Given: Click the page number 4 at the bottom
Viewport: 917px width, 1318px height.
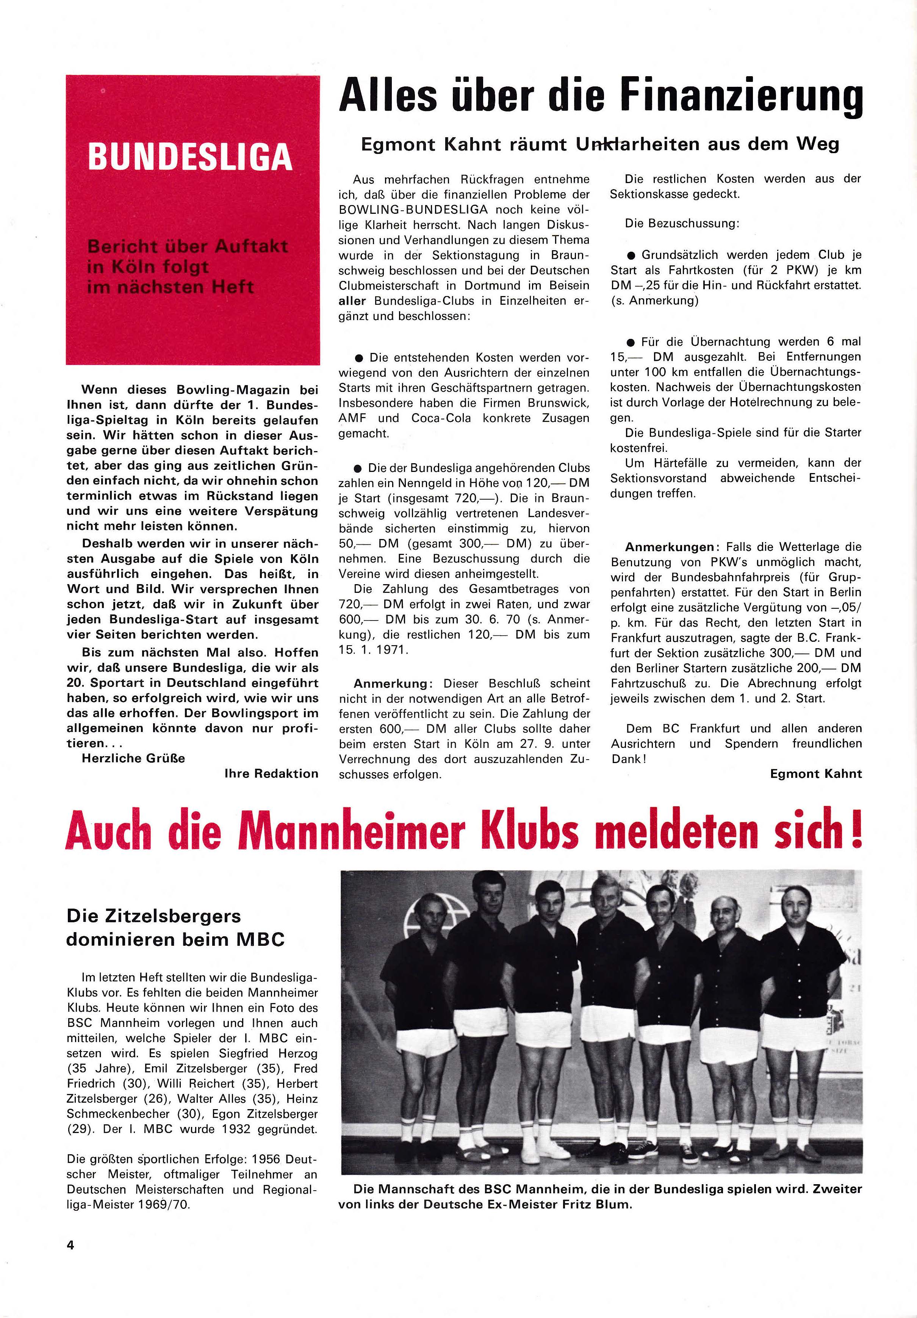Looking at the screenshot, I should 70,1245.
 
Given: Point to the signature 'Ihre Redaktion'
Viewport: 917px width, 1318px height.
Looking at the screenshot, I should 271,773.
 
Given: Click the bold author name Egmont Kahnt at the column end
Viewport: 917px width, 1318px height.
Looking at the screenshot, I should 815,774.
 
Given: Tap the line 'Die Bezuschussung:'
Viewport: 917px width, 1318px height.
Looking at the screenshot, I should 682,223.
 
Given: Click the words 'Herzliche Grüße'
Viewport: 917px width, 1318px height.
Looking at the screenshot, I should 133,758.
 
